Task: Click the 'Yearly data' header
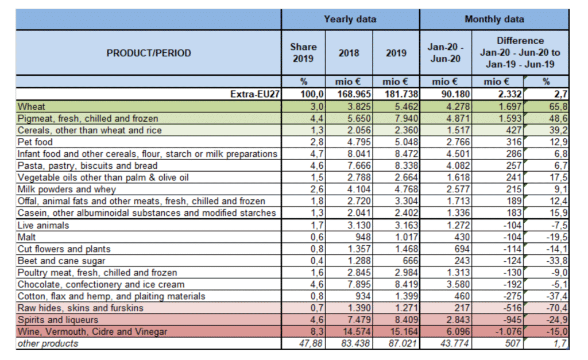(x=350, y=19)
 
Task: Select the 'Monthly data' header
(x=494, y=19)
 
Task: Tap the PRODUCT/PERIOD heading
(x=149, y=53)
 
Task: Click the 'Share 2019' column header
(x=303, y=52)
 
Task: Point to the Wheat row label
(x=31, y=106)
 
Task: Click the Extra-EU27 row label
(x=255, y=94)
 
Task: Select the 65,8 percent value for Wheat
(x=558, y=106)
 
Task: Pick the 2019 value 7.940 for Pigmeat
(x=406, y=118)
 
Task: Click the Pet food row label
(x=35, y=142)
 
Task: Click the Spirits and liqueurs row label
(x=58, y=320)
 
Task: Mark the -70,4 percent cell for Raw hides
(x=557, y=308)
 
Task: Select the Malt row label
(x=26, y=237)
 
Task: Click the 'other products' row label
(x=48, y=343)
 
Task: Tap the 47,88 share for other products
(x=311, y=343)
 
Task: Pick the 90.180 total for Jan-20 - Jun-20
(x=455, y=94)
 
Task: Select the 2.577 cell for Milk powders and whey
(x=458, y=189)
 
